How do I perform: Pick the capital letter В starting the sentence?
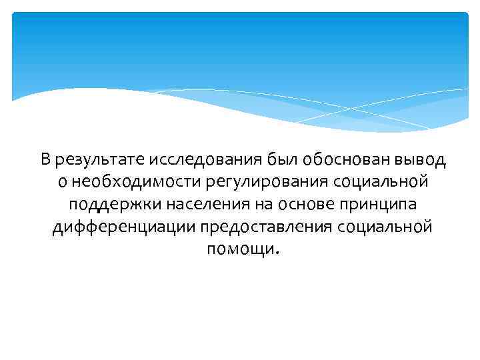pyautogui.click(x=45, y=159)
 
